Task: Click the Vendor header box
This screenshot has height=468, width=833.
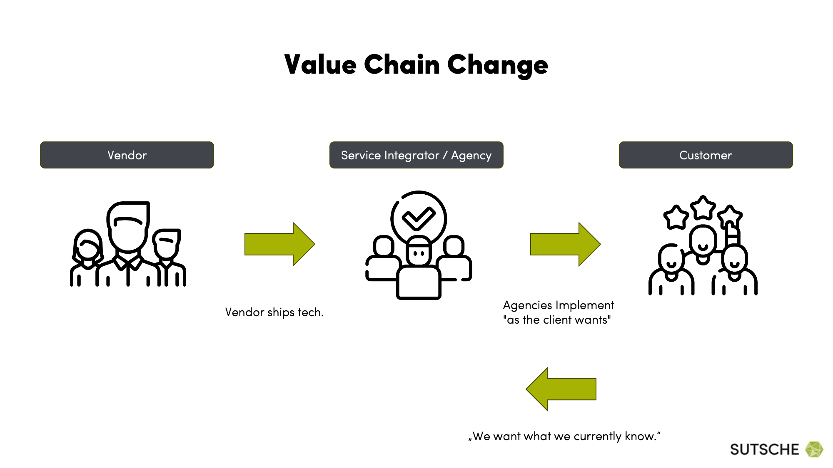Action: coord(127,155)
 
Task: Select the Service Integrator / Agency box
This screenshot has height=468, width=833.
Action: coord(416,155)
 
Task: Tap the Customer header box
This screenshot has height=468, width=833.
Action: coord(706,155)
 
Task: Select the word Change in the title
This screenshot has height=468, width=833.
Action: coord(498,66)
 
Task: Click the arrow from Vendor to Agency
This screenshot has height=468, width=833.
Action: coord(280,244)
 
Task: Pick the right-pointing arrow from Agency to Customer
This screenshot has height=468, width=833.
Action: coord(565,244)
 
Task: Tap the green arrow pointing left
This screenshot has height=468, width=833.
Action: coord(561,389)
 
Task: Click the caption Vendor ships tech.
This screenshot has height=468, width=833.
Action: coord(274,312)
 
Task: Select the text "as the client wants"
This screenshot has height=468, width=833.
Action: coord(557,320)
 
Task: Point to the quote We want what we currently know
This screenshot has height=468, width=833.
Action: coord(564,436)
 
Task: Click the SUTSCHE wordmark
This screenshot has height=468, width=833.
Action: coord(764,449)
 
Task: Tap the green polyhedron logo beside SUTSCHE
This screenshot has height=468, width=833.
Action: coord(814,449)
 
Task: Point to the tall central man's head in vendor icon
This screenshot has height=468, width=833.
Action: coord(128,227)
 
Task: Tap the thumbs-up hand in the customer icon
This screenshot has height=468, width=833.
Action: coord(731,234)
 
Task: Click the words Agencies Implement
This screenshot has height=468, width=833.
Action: coord(559,305)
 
